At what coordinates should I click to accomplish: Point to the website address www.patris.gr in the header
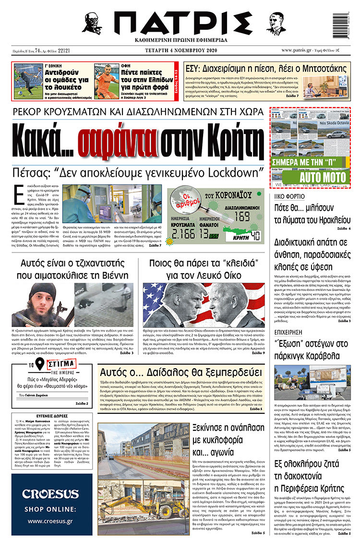[297, 50]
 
